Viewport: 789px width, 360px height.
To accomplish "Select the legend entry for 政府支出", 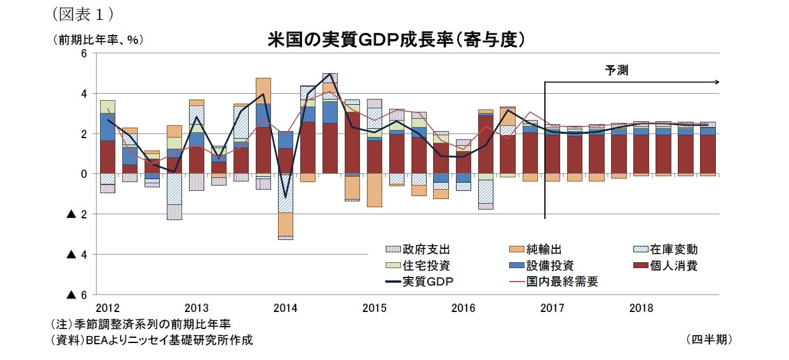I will [418, 250].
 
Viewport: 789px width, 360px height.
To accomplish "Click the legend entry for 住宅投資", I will [418, 266].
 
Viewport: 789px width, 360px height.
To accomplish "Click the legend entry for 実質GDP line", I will [420, 282].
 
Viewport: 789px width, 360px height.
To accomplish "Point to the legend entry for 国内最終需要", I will [550, 282].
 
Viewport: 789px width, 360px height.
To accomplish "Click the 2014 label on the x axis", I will [285, 308].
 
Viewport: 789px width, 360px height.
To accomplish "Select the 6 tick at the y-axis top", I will [83, 53].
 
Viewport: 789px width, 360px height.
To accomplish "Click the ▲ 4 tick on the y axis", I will [77, 255].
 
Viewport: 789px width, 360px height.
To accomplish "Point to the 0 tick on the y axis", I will [83, 174].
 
